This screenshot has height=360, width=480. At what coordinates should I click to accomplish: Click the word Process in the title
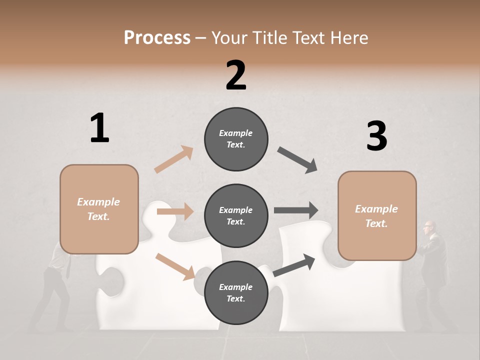[x=157, y=37]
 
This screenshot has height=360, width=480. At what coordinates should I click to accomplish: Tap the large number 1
[x=99, y=128]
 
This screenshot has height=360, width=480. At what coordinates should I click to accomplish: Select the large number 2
[x=236, y=75]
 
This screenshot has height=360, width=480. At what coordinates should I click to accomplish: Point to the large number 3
[x=376, y=136]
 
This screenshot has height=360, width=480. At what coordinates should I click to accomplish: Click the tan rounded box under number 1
[x=99, y=209]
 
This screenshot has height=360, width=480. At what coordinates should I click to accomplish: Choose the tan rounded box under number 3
[x=377, y=216]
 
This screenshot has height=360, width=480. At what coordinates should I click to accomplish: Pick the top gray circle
[x=236, y=139]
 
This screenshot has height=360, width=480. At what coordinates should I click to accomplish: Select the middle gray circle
[x=236, y=216]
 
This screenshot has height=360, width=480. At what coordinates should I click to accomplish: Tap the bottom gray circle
[x=236, y=293]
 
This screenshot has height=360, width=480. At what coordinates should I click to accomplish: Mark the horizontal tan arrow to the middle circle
[x=175, y=211]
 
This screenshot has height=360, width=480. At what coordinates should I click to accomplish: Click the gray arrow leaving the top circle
[x=297, y=160]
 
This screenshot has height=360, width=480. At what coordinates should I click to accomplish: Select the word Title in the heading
[x=268, y=37]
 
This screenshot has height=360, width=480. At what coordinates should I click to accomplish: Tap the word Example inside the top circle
[x=235, y=133]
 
